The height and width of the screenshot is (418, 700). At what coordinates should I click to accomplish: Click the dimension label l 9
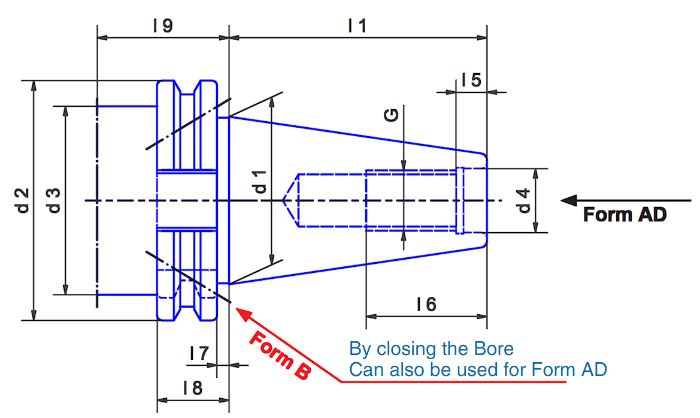click(162, 26)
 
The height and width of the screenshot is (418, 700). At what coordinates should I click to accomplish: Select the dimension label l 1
click(357, 26)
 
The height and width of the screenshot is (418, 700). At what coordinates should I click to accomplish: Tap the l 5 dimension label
click(472, 80)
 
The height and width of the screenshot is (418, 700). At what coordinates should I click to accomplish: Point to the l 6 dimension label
click(426, 304)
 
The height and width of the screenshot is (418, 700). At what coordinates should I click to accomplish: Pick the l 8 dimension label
click(193, 388)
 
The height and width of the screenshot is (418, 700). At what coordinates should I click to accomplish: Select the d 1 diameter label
click(260, 181)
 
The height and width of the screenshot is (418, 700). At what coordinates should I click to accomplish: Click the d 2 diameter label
click(23, 200)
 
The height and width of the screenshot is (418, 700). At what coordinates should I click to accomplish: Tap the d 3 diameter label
click(54, 200)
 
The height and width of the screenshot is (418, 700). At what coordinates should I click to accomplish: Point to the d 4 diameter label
click(523, 200)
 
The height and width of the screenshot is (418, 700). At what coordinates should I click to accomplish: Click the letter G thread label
click(392, 116)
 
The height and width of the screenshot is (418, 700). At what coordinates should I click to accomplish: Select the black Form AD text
click(625, 214)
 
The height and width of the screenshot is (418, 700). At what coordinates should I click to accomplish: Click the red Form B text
click(280, 355)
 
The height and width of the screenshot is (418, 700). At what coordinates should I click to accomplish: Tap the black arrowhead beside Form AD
click(569, 200)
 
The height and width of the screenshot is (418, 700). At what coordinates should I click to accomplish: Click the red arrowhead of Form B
click(243, 312)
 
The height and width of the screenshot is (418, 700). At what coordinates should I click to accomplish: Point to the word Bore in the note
click(493, 348)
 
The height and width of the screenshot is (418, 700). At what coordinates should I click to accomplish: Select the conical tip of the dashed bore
click(290, 200)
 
